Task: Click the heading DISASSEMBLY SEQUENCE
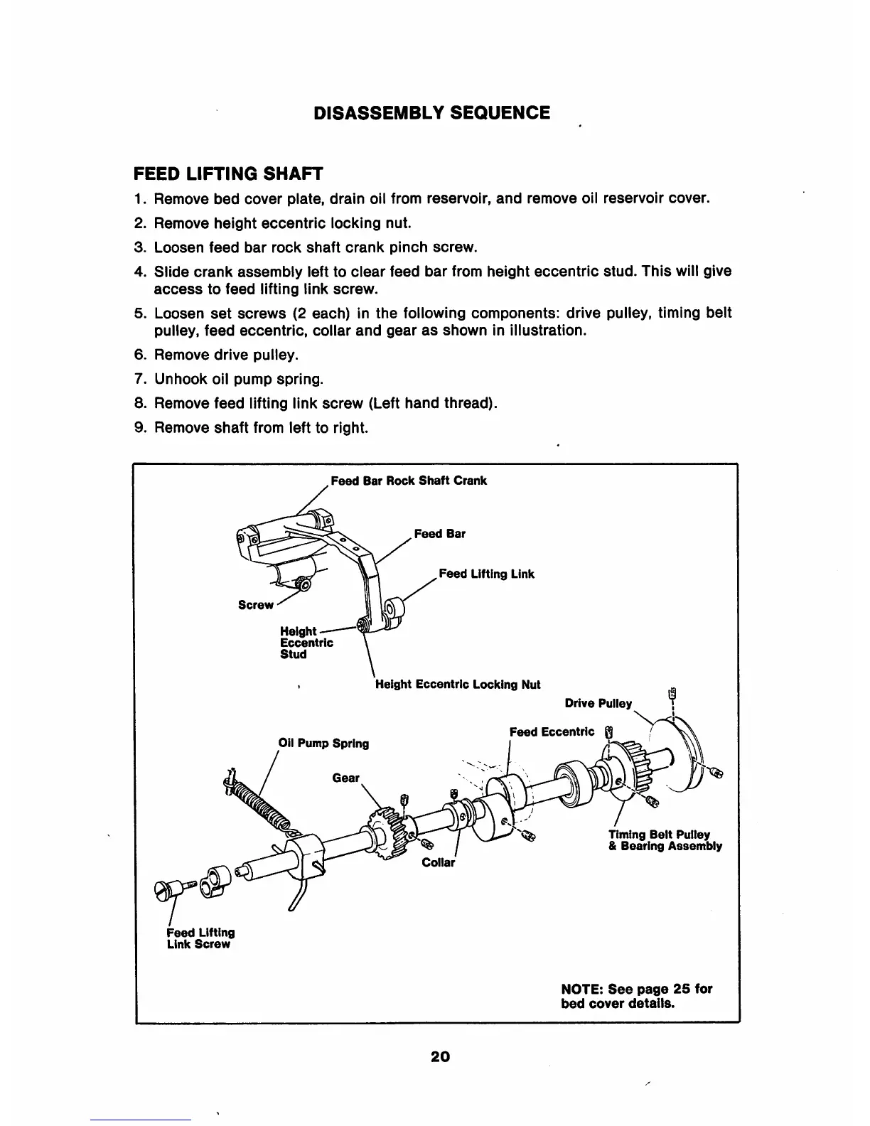pos(432,113)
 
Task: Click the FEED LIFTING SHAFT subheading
pos(228,173)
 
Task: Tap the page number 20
pos(441,1056)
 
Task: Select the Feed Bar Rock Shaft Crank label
pos(409,481)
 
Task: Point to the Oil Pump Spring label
pos(323,744)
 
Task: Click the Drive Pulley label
pos(598,704)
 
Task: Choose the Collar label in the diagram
pos(438,863)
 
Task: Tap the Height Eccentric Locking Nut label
pos(458,685)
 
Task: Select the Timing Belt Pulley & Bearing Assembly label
pos(665,840)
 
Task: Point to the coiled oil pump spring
pos(259,800)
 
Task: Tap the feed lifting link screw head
pos(168,889)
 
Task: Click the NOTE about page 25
pos(636,996)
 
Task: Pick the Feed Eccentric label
pos(552,732)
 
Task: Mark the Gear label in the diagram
pos(345,778)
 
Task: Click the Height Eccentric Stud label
pos(306,643)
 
